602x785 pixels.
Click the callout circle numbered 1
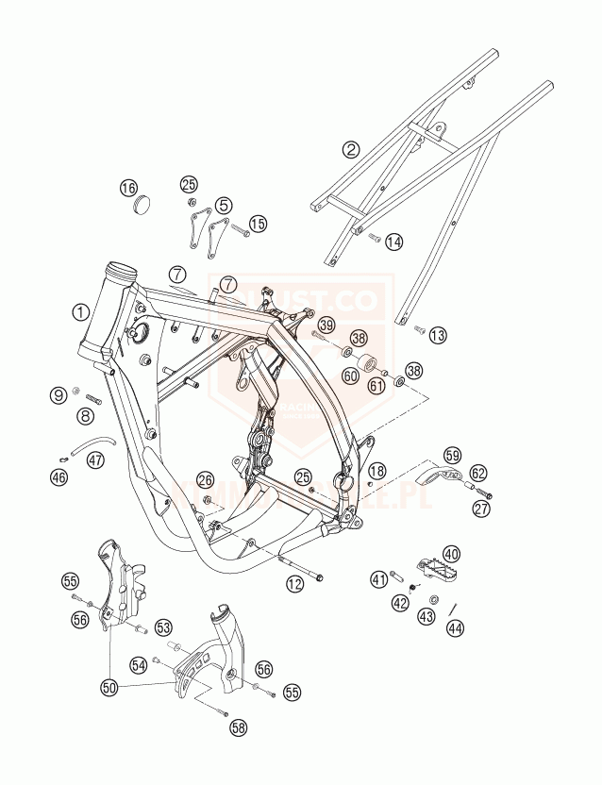(82, 311)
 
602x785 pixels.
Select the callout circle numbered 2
(351, 149)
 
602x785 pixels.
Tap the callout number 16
(128, 188)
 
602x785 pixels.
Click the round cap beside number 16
(144, 204)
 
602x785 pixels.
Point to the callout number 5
(223, 205)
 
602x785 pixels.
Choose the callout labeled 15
(258, 224)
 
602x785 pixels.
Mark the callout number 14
(393, 242)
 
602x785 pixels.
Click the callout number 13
(437, 334)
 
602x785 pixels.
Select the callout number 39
(326, 325)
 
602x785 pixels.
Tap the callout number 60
(350, 376)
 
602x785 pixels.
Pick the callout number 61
(376, 384)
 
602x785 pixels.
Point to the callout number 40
(451, 554)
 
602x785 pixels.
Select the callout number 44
(456, 627)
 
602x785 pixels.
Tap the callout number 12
(295, 585)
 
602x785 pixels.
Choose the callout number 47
(95, 460)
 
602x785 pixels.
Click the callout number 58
(239, 727)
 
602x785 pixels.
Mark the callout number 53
(163, 626)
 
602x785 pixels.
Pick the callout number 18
(377, 471)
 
